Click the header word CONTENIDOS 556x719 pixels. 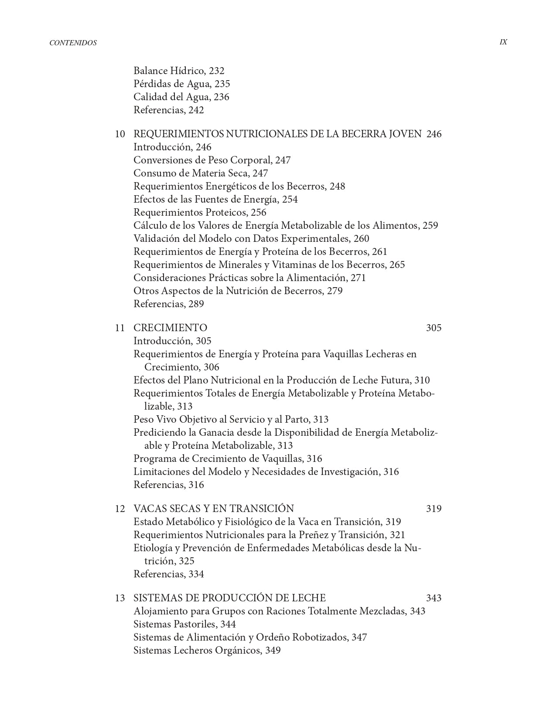click(73, 43)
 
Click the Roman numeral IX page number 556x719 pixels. click(503, 42)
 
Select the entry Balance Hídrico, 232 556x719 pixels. click(179, 71)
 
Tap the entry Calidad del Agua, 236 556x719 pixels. click(181, 97)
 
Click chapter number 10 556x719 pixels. click(120, 134)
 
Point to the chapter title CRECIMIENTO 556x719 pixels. click(170, 328)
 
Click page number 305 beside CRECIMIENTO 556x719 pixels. click(433, 328)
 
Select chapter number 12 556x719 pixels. click(120, 509)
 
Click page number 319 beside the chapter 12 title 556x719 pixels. click(433, 509)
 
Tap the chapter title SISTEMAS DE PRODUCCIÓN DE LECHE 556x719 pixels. click(229, 598)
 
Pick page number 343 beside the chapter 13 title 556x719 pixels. click(433, 598)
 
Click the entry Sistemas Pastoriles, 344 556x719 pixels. click(184, 624)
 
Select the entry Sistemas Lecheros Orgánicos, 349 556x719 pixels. click(207, 650)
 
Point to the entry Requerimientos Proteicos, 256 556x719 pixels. click(200, 212)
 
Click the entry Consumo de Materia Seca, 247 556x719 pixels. click(201, 173)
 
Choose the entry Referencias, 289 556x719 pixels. click(168, 304)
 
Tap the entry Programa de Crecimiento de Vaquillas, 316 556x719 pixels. click(228, 458)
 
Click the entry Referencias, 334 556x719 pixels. click(168, 574)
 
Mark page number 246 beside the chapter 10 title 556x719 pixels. click(433, 134)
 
